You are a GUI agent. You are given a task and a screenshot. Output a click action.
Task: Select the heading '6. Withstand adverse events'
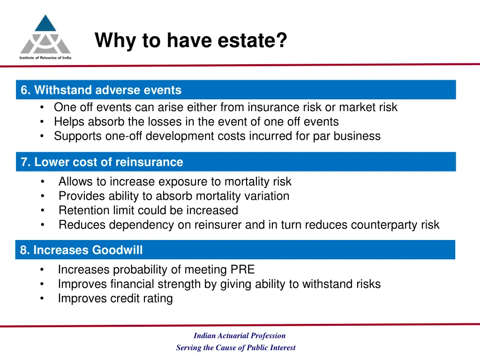101,90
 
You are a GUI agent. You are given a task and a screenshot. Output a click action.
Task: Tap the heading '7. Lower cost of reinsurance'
102,162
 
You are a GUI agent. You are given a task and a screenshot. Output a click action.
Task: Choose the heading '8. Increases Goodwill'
81,250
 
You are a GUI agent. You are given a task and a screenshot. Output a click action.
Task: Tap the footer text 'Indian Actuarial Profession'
240,336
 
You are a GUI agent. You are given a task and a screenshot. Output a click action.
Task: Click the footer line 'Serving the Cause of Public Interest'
236,348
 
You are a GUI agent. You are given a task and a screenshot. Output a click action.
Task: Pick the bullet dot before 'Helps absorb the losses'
43,122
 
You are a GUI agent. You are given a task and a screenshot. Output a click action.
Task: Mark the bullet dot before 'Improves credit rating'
42,299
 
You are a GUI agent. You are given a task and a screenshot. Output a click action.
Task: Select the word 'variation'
267,196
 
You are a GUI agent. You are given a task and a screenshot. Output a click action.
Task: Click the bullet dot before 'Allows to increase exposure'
43,182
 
